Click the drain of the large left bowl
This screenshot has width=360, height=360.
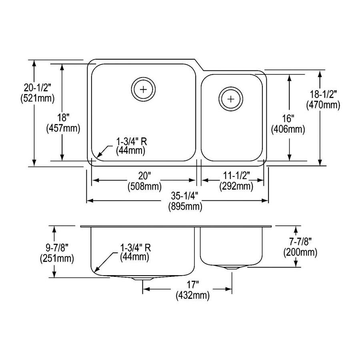coord(143,89)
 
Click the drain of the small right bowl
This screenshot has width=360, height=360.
coord(231,99)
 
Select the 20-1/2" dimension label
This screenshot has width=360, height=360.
coord(38,88)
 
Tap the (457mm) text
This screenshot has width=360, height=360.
coord(63,128)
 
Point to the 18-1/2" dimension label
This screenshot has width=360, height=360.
coord(323,94)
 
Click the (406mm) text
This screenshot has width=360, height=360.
coord(288,130)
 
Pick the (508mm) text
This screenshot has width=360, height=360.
coord(144,186)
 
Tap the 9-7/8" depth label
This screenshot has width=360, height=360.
coord(57,248)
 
